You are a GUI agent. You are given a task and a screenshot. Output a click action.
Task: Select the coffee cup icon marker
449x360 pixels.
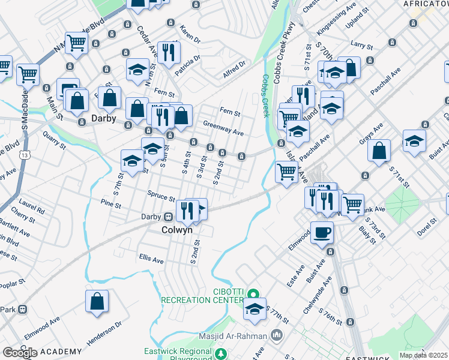322,232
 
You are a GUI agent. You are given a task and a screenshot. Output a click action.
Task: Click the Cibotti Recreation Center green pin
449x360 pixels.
253,293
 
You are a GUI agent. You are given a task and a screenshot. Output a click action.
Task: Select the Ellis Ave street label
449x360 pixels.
151,260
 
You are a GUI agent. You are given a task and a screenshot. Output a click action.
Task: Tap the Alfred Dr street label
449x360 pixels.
234,66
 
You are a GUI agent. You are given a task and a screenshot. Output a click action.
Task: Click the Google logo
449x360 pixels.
20,353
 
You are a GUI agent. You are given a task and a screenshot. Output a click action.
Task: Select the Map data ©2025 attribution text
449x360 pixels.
423,355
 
